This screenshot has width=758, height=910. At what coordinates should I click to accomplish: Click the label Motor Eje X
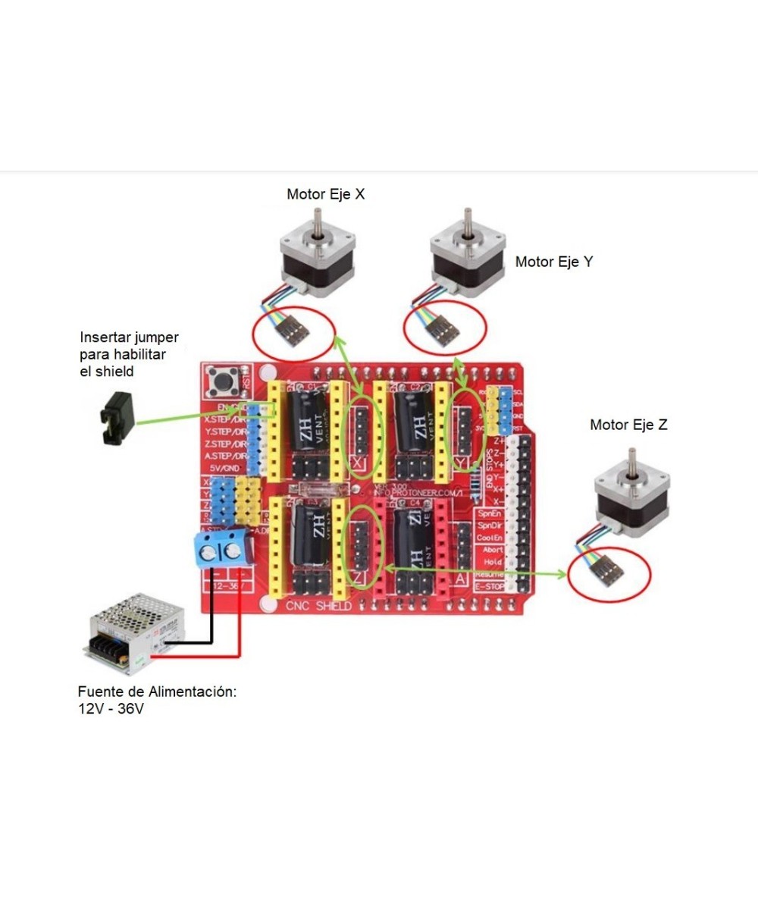(325, 194)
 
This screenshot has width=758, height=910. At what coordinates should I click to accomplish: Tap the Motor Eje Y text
(554, 262)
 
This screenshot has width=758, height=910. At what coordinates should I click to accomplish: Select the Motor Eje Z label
(628, 425)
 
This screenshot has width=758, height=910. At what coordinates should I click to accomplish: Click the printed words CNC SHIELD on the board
(318, 606)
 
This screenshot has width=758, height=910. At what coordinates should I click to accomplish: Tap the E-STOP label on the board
(489, 587)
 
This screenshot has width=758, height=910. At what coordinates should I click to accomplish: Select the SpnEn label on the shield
(490, 513)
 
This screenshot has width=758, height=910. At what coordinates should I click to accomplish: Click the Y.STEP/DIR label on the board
(225, 431)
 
